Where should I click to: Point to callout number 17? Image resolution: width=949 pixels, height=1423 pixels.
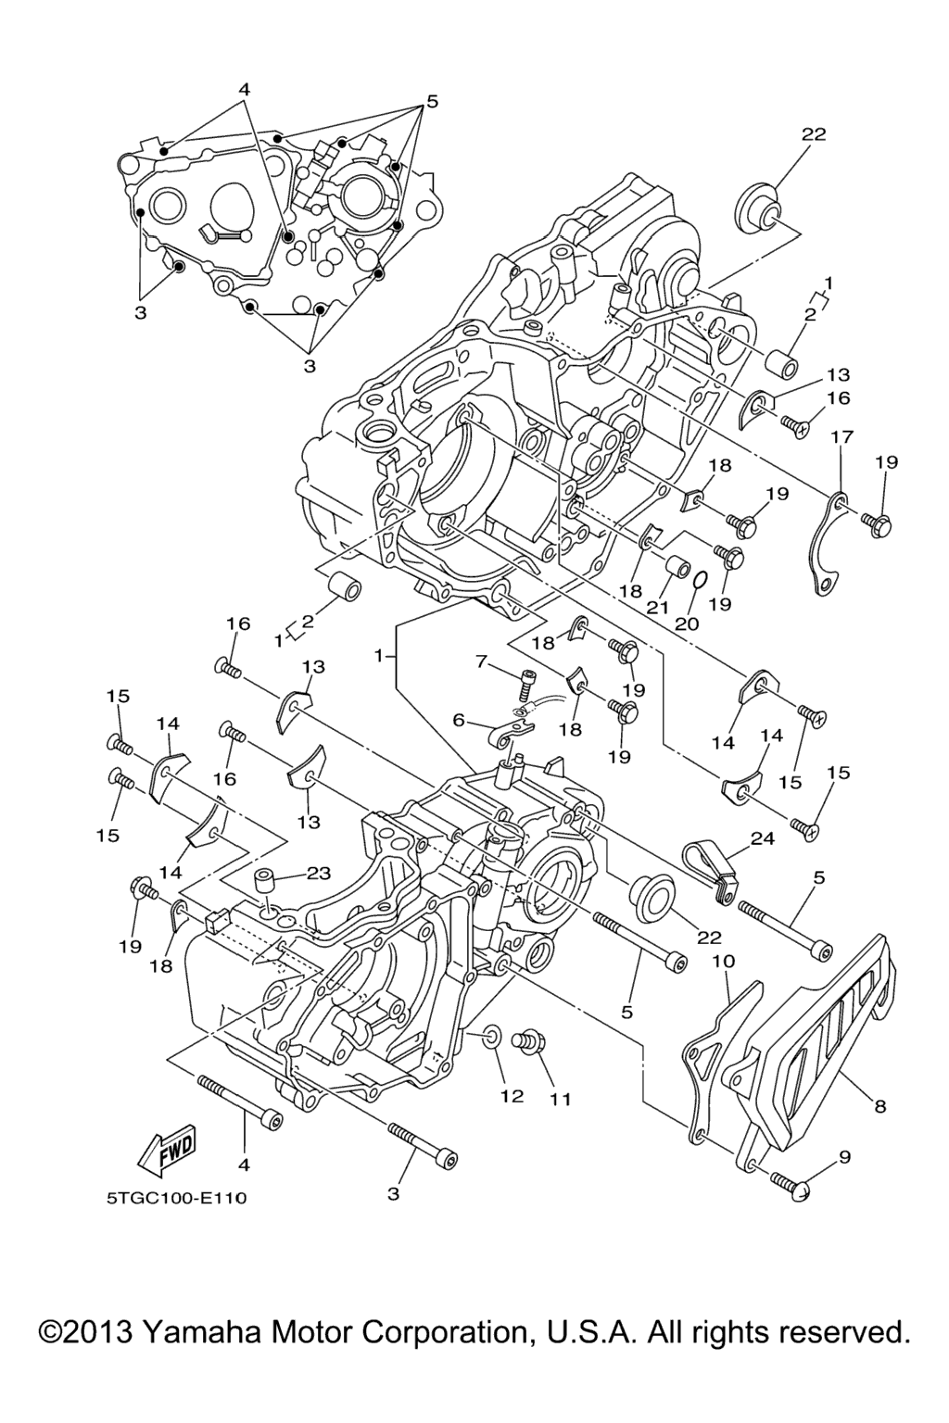841,436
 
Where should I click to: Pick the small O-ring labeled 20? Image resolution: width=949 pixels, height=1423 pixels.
702,580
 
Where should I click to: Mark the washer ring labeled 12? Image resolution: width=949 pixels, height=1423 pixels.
494,1036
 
